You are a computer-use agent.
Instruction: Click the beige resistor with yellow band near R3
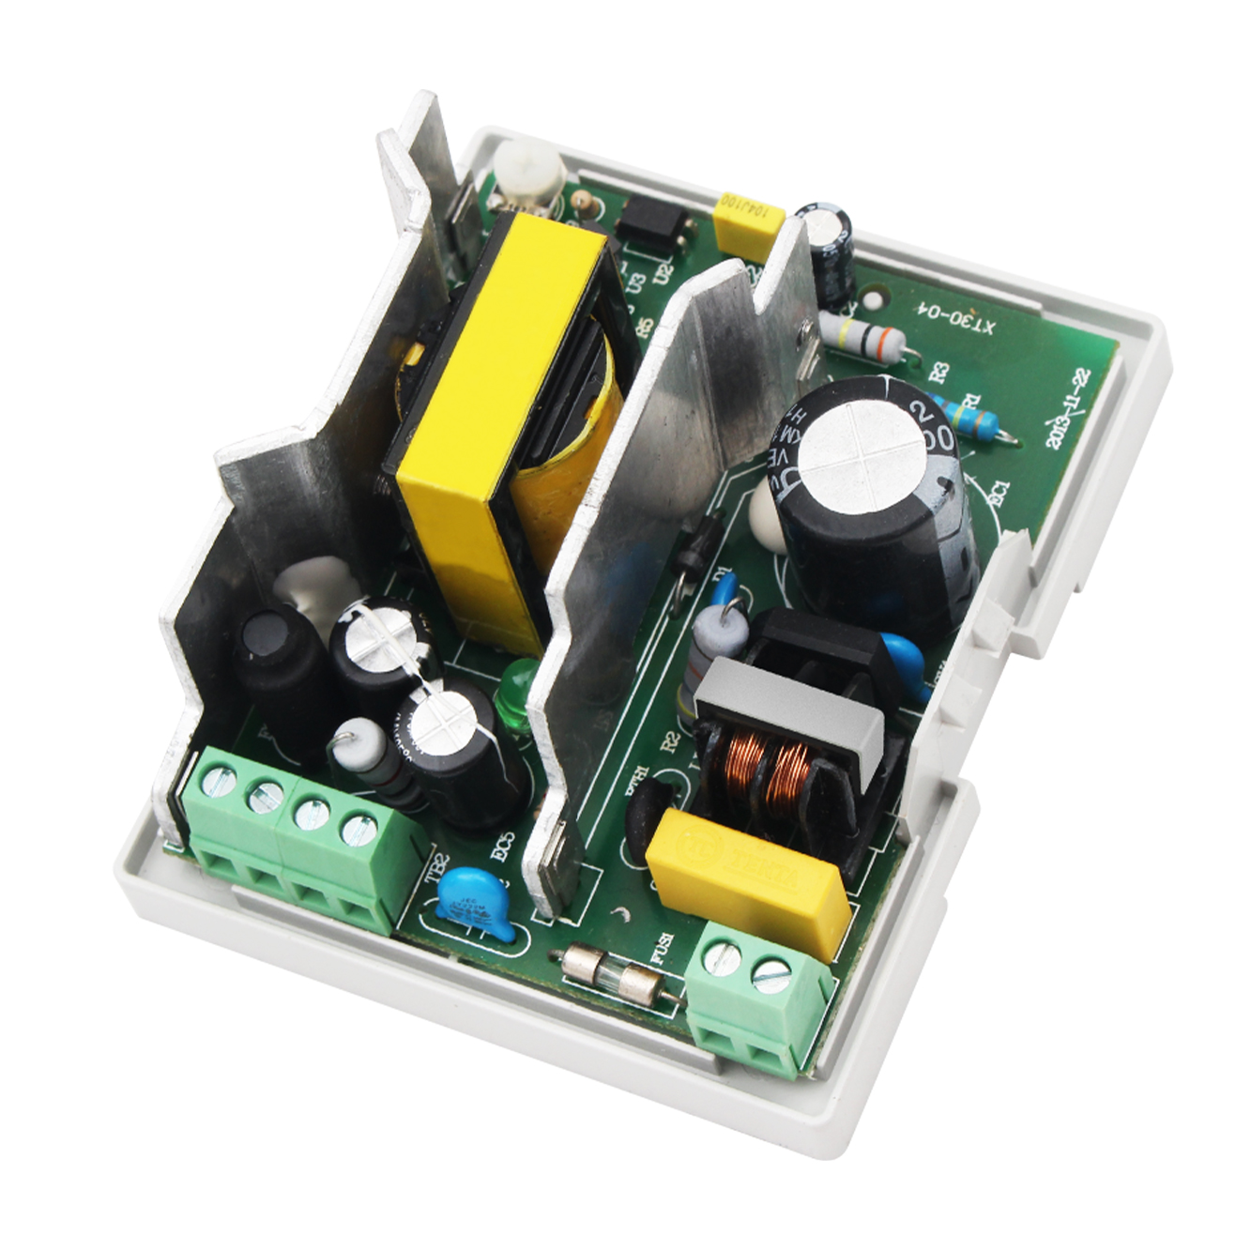(x=862, y=332)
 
